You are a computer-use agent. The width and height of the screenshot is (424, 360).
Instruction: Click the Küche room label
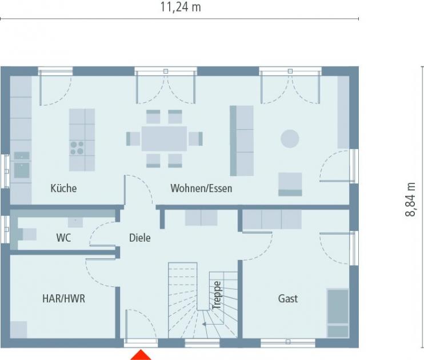coord(63,188)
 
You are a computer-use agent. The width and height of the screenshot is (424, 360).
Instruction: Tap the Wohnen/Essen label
coord(201,188)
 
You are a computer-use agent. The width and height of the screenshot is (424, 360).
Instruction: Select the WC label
coord(63,238)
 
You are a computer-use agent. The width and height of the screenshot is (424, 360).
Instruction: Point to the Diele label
coord(139,238)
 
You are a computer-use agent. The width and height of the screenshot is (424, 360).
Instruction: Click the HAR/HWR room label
coord(63,298)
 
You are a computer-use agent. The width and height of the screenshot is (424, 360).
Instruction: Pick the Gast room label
coord(287,298)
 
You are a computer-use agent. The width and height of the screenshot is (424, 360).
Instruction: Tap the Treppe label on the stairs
coord(217,295)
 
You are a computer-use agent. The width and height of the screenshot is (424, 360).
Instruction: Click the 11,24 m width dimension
coord(180,7)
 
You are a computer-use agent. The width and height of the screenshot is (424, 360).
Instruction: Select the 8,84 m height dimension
coord(410,199)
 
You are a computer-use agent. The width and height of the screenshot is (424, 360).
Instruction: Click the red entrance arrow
coord(141,355)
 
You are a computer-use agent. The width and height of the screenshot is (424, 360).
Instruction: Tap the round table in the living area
coord(289,139)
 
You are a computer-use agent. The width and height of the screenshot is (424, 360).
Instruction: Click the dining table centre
coord(164,138)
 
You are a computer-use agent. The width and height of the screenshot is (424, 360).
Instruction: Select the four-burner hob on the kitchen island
coord(77,147)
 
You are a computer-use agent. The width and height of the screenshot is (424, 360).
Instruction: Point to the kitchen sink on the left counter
coord(22,170)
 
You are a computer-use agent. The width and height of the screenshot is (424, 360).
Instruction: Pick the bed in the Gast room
coord(337,313)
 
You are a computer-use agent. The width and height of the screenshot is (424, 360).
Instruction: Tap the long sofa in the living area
coord(241,141)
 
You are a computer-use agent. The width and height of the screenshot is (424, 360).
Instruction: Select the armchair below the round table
coord(290,184)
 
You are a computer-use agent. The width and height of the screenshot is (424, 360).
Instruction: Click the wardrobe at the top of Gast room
coord(272,219)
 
